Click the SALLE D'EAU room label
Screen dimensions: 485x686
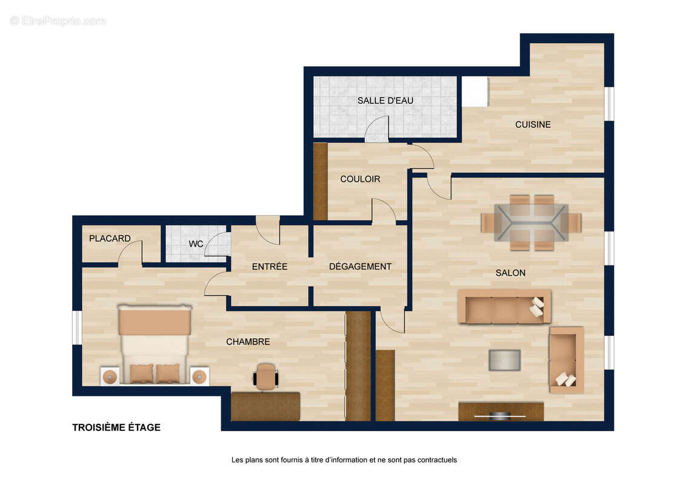point(385,101)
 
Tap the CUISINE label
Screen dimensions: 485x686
point(533,125)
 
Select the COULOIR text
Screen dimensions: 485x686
point(360,179)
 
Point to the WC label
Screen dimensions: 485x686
point(196,244)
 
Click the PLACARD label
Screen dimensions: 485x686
point(110,239)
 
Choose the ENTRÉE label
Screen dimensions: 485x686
point(270,267)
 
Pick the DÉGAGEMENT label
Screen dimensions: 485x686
point(360,267)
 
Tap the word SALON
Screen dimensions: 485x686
point(510,273)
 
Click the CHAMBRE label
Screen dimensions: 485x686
point(248,342)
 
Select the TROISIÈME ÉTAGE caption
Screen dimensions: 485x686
point(116,427)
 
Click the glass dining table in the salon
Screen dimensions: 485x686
point(531,222)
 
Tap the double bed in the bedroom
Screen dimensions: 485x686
point(155,344)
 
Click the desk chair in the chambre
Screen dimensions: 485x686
point(265,376)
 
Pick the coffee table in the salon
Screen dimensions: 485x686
point(504,360)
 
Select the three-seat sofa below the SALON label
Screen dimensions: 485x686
point(504,307)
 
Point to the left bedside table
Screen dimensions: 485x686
point(110,376)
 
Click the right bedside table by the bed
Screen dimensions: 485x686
point(199,376)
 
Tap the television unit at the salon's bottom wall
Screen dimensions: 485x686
point(501,412)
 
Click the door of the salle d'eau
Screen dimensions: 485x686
point(377,129)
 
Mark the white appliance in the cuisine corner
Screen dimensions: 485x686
point(475,92)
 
